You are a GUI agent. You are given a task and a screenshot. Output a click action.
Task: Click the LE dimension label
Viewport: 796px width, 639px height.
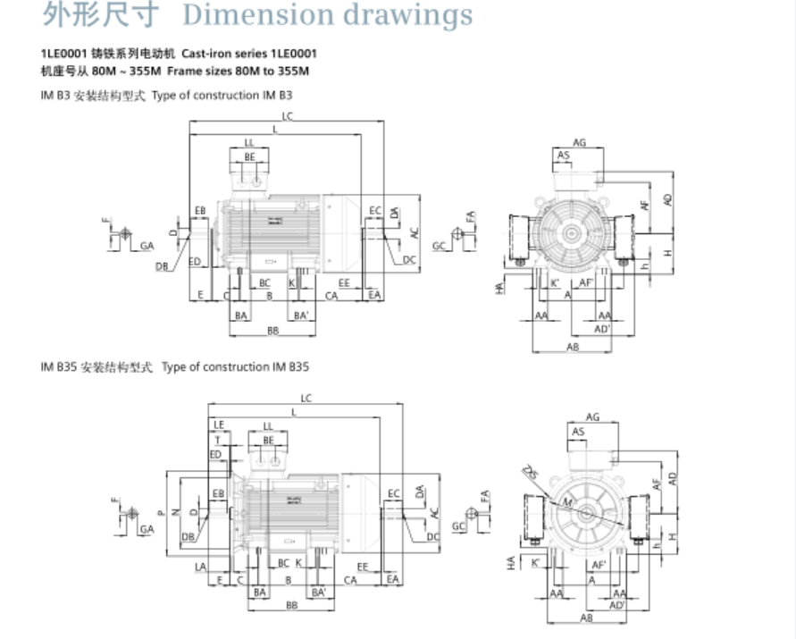click(219, 424)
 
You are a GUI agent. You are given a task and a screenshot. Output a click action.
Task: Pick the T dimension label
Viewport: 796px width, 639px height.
click(216, 440)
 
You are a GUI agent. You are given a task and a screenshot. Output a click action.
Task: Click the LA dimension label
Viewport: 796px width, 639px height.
click(200, 568)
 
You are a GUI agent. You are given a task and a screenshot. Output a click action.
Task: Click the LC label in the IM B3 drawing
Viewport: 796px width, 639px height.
click(287, 116)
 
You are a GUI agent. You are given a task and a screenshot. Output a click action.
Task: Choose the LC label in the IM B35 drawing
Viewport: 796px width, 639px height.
click(306, 398)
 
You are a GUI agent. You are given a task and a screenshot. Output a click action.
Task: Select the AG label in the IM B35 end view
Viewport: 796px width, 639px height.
click(592, 416)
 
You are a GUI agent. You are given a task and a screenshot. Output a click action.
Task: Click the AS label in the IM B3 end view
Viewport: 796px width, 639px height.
click(564, 156)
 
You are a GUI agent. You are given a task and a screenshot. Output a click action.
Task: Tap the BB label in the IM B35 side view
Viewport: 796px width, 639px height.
click(291, 606)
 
